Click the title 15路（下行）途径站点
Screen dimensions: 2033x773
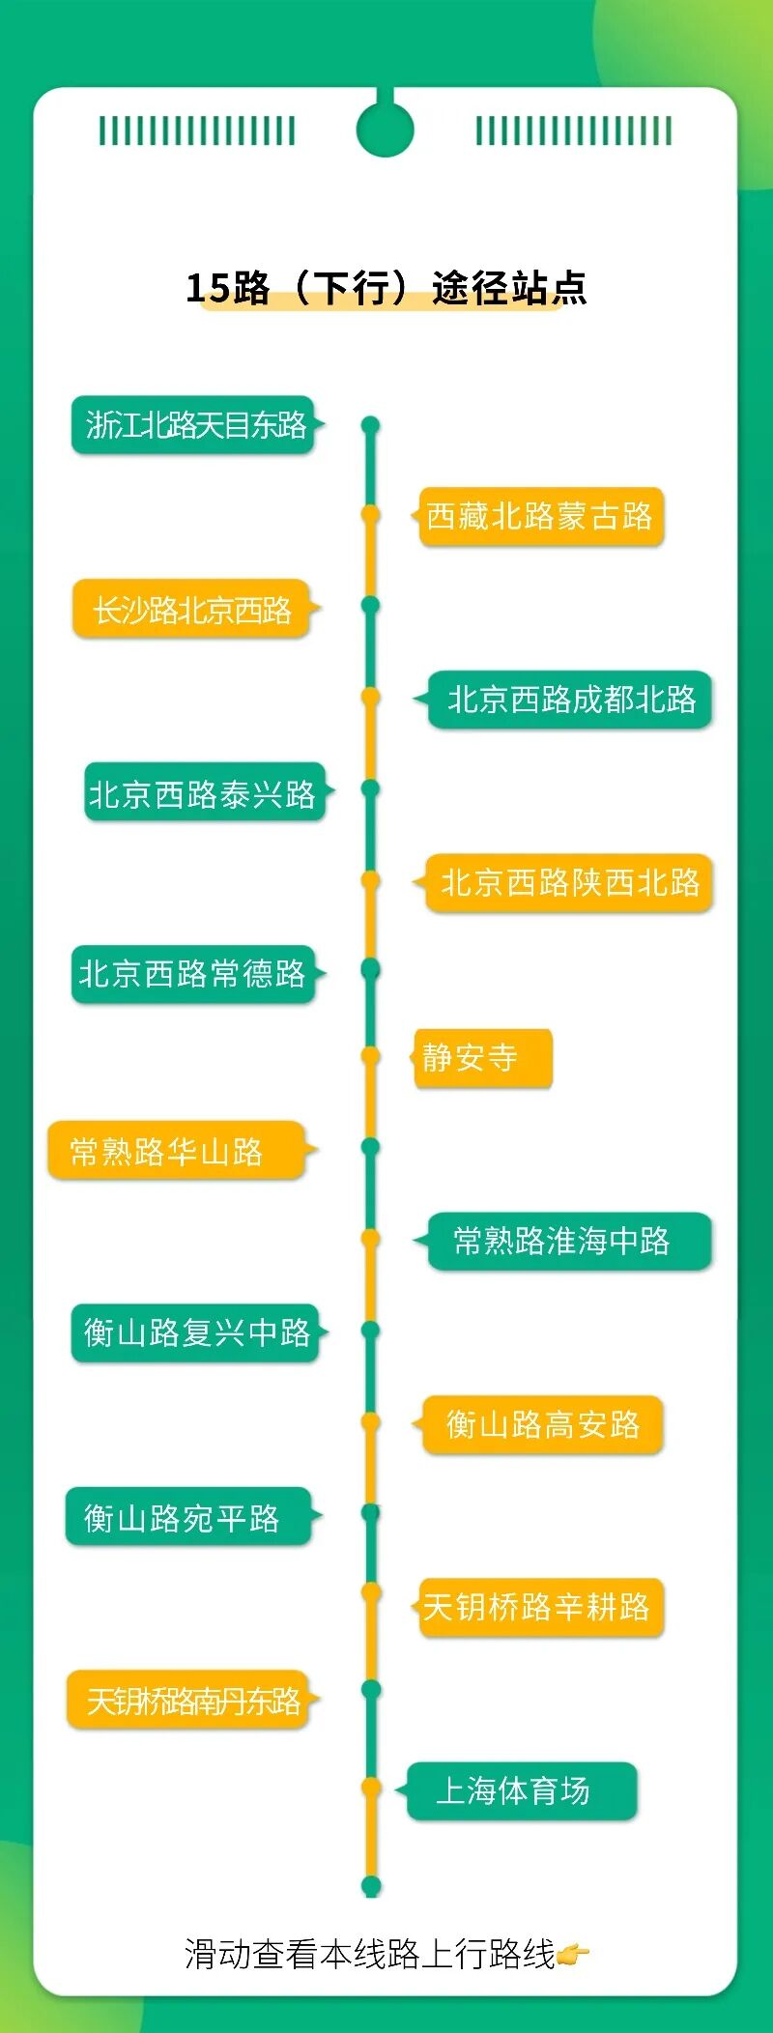[386, 288]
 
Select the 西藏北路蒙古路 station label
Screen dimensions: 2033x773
[540, 516]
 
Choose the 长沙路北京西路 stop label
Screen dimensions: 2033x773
[191, 609]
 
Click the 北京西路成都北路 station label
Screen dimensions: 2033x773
[570, 699]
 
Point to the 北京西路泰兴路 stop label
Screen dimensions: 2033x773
[203, 792]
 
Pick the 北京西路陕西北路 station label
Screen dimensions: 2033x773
[569, 882]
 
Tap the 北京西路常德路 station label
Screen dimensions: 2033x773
[192, 973]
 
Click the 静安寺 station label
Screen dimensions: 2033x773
[482, 1057]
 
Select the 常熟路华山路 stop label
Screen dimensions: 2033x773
[176, 1150]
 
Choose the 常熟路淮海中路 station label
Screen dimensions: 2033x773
[569, 1241]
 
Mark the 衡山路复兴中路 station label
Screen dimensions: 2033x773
[195, 1332]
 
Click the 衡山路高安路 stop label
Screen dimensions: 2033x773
[542, 1423]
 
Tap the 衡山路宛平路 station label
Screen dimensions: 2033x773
[187, 1517]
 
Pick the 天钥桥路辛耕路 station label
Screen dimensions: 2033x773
[540, 1607]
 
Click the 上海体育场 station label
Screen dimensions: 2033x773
[521, 1790]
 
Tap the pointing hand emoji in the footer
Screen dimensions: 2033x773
[573, 1955]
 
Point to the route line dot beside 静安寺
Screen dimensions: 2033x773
[370, 1056]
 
